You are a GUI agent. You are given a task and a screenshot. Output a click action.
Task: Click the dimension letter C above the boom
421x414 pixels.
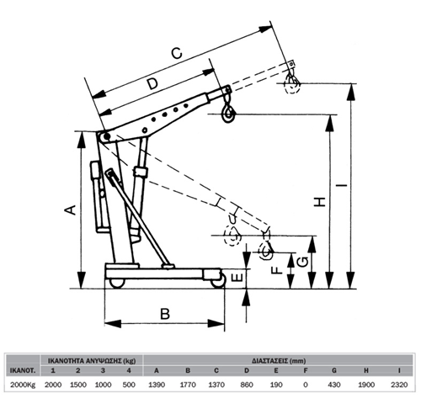click(177, 53)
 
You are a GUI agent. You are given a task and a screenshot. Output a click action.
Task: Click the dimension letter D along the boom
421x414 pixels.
click(153, 83)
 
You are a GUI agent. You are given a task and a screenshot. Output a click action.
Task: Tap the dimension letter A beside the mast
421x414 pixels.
click(71, 210)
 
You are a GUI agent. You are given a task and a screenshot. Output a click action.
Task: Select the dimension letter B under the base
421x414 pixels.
click(165, 314)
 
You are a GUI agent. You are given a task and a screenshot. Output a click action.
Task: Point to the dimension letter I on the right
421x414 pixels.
click(342, 185)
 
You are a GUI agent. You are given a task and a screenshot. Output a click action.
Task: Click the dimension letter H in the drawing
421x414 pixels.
click(320, 202)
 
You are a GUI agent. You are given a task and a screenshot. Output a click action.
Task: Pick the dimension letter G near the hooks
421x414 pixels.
click(302, 262)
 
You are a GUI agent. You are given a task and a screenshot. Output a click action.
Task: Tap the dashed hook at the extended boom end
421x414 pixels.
click(292, 82)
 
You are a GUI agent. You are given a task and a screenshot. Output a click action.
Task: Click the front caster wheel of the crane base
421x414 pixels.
click(218, 281)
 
